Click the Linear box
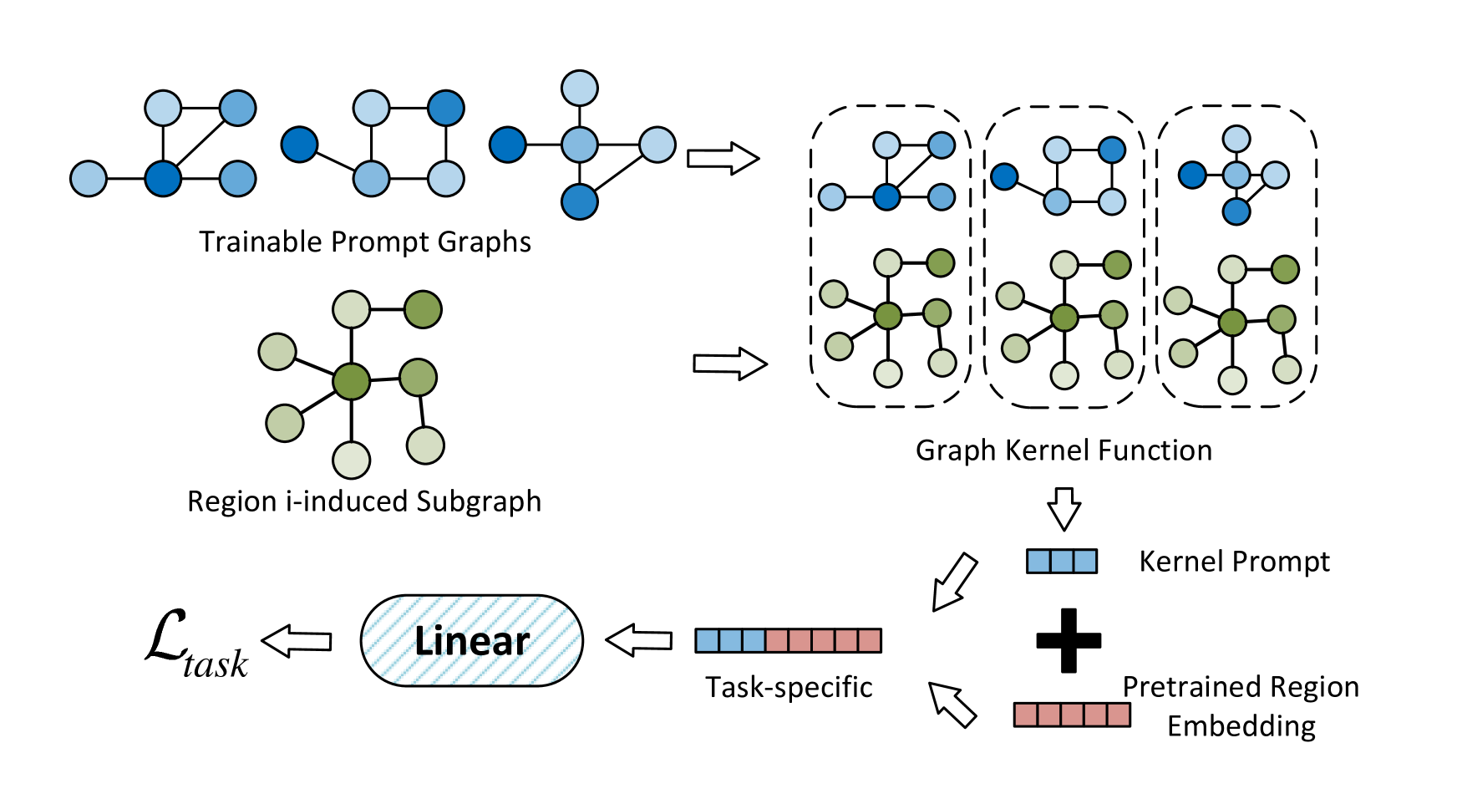tap(472, 641)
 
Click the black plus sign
tap(1069, 641)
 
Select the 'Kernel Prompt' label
tap(1234, 561)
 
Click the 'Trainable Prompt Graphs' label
tap(365, 242)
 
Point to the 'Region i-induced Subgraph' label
tap(364, 501)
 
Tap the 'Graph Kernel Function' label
tap(1064, 450)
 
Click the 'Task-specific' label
tap(789, 687)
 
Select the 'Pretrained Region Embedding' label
tap(1241, 706)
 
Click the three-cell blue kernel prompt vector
tap(1062, 561)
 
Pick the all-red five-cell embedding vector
tap(1072, 715)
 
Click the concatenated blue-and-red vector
tap(789, 640)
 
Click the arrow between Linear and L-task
tap(297, 641)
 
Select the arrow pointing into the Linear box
tap(638, 641)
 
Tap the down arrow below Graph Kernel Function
tap(1064, 509)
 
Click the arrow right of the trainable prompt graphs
tap(723, 158)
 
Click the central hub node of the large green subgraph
tap(351, 381)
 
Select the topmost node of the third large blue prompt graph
tap(580, 88)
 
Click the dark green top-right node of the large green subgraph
tap(423, 309)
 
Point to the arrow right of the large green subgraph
tap(730, 364)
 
